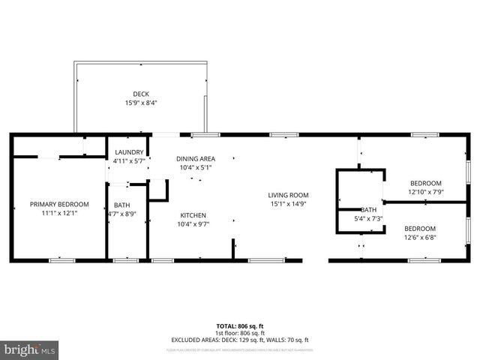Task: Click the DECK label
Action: click(141, 94)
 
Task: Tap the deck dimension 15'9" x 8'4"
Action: click(141, 103)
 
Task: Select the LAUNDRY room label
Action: click(128, 152)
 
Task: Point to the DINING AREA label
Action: click(195, 158)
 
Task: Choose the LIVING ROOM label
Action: click(289, 195)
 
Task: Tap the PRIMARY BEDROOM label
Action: click(59, 204)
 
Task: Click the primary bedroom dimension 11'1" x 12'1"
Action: click(59, 213)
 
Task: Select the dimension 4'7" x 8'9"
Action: click(121, 214)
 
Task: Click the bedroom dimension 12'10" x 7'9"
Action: click(425, 192)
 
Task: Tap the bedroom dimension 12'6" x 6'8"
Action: click(421, 238)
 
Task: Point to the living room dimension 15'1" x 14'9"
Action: click(289, 204)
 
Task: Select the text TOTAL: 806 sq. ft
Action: click(240, 326)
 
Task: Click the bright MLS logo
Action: click(29, 349)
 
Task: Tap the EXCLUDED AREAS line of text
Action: click(240, 340)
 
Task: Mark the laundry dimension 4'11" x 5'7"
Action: click(128, 161)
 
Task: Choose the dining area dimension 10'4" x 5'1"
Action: click(195, 167)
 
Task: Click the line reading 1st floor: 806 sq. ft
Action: click(240, 333)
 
